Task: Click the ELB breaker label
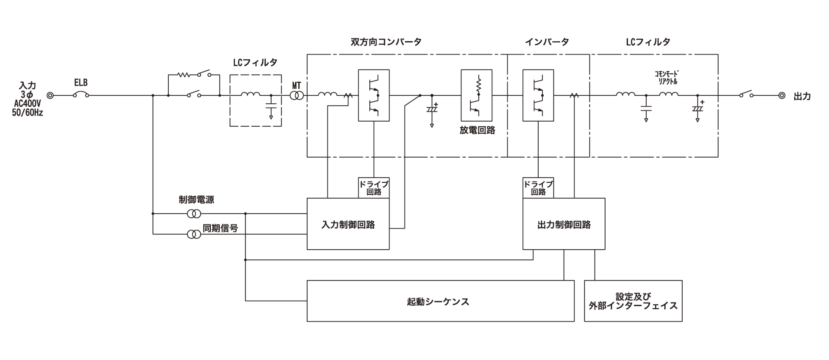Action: tap(81, 83)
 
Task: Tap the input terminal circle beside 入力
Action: tap(50, 96)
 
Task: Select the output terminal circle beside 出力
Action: tap(782, 96)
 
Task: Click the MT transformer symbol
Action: tap(297, 96)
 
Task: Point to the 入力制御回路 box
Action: tap(348, 224)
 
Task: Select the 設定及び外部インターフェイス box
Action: tap(633, 301)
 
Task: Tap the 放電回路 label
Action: tap(477, 130)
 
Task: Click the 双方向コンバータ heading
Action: tap(386, 42)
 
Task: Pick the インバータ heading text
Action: tap(547, 42)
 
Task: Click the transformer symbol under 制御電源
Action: tap(194, 214)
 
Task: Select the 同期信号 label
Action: tap(220, 228)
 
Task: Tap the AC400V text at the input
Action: tap(27, 104)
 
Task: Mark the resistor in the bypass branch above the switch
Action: tap(184, 75)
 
